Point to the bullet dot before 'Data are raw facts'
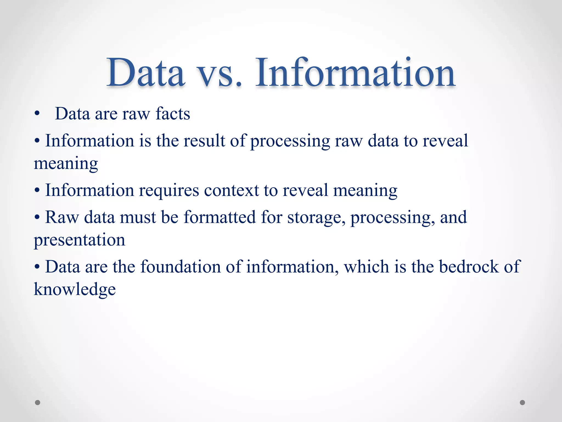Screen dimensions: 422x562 (x=37, y=114)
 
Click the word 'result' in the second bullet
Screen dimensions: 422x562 (x=204, y=140)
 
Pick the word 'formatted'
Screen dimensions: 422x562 (x=220, y=217)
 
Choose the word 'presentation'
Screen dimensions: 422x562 (x=79, y=240)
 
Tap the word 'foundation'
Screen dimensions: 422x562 (x=180, y=266)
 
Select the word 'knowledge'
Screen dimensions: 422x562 (x=75, y=289)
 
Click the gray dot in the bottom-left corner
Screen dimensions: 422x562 (x=38, y=402)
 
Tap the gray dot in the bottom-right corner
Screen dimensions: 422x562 (x=522, y=402)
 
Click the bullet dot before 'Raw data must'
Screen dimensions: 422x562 (x=37, y=218)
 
